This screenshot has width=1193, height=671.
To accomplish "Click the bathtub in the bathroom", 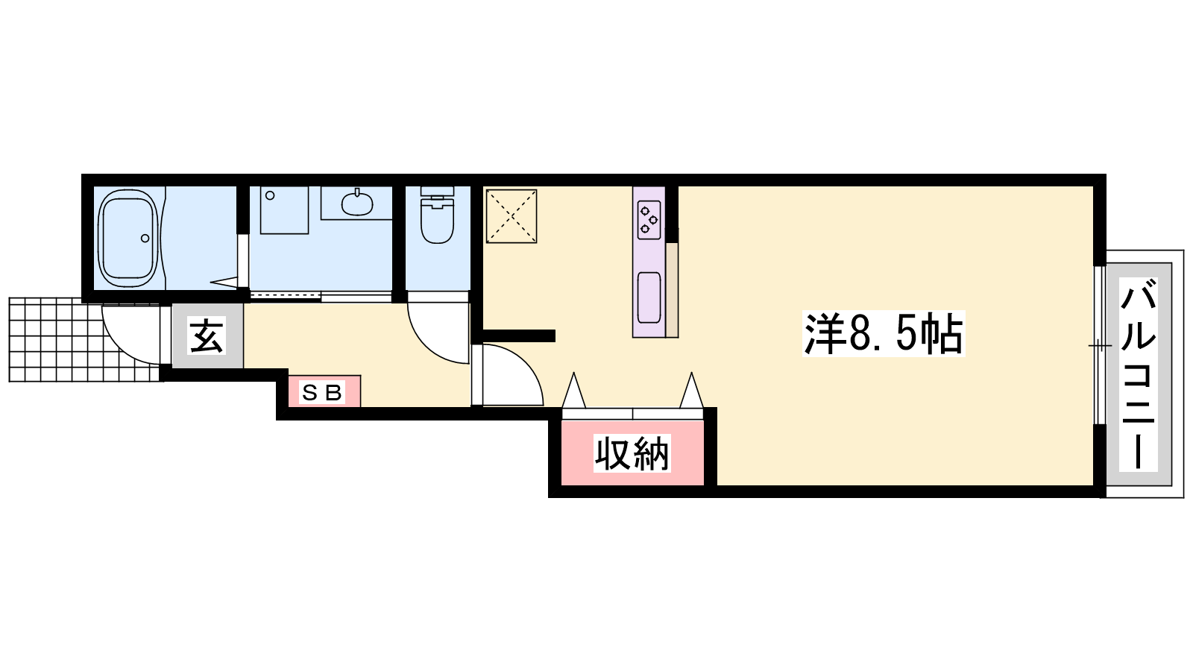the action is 130,238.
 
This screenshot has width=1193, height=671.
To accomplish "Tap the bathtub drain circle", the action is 145,238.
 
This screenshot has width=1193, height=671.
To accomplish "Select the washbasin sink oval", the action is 357,203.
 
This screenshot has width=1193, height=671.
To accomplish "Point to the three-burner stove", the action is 649,219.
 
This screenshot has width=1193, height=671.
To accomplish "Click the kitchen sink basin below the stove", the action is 649,297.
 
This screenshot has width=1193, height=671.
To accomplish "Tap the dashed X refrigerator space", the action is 511,215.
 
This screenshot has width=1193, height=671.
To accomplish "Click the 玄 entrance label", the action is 207,335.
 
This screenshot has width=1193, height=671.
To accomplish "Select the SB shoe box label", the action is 321,392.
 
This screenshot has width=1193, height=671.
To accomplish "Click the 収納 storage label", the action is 632,454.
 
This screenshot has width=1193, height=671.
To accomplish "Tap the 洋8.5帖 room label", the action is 884,334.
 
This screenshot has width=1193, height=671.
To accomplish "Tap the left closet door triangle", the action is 573,391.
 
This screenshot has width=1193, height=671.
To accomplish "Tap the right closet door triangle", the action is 691,391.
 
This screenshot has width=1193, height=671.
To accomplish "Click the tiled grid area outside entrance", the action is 85,340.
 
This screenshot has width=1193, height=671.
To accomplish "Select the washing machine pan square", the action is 284,210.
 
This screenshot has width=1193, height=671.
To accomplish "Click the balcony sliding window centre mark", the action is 1100,346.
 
